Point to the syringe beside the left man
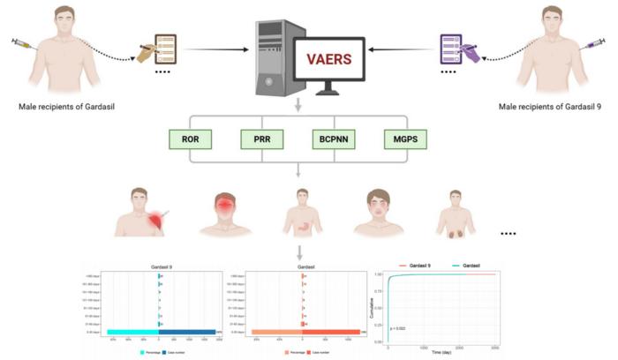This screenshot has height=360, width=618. pyautogui.click(x=27, y=43)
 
